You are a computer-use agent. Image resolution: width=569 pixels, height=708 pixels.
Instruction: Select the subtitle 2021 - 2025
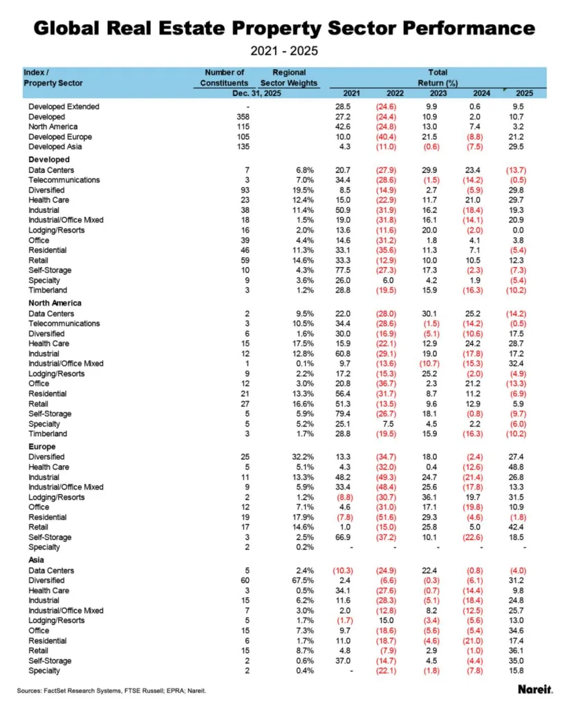[284, 51]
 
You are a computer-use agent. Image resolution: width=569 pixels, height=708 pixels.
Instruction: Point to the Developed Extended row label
[64, 106]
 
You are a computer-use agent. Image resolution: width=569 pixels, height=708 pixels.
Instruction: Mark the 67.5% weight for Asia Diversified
[304, 580]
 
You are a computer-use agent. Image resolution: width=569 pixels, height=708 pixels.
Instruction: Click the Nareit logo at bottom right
[534, 689]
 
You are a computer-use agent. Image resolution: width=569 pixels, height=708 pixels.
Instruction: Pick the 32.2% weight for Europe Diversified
[304, 457]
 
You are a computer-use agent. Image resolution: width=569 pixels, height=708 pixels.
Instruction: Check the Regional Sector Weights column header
[289, 77]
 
